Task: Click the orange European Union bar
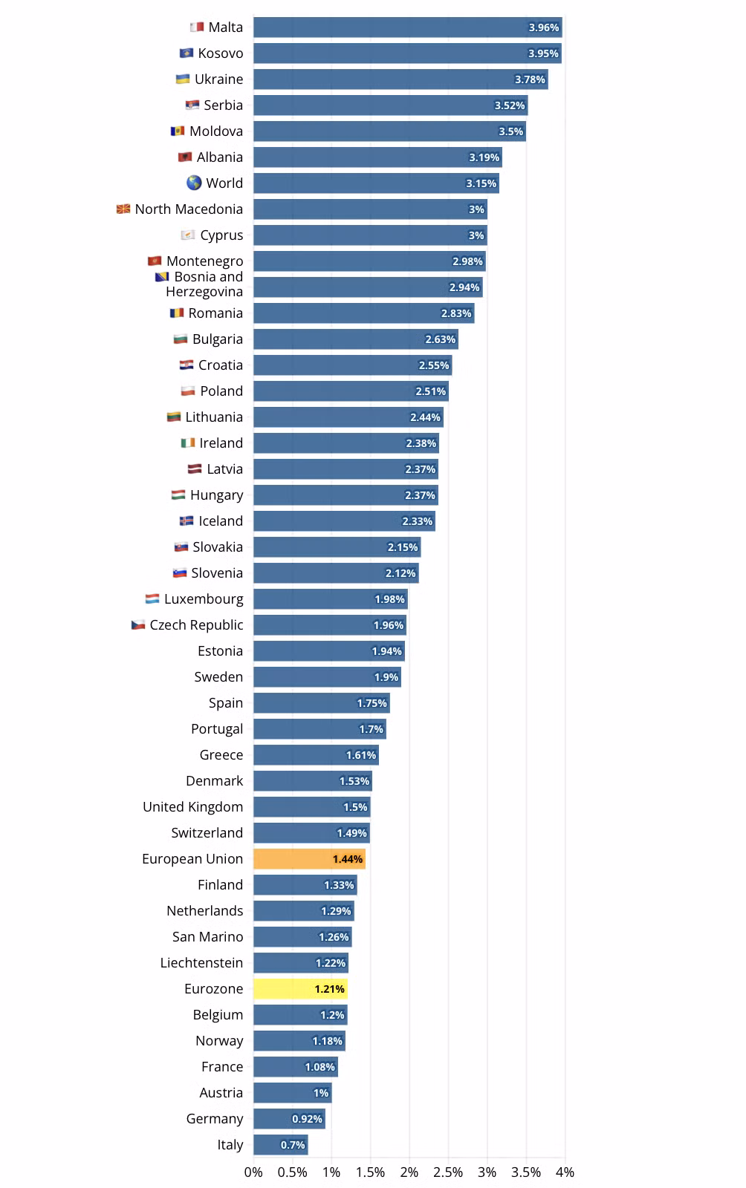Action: tap(309, 858)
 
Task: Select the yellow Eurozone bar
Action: tap(300, 988)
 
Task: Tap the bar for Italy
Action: tap(281, 1144)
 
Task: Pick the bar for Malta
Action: tap(407, 27)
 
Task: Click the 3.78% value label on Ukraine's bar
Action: tap(530, 79)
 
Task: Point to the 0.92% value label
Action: tap(307, 1119)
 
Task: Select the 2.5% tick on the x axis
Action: tap(448, 1172)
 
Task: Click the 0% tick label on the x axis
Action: tap(253, 1172)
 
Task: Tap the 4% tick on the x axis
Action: tap(565, 1172)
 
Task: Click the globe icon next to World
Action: tap(194, 183)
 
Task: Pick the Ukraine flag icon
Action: tap(183, 79)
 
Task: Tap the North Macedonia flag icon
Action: tap(123, 209)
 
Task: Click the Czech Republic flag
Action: tap(138, 624)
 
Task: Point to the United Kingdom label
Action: tap(193, 806)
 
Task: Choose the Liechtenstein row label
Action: tap(201, 962)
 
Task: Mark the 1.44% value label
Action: tap(348, 859)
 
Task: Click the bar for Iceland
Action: tap(344, 520)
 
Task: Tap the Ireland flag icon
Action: tap(188, 443)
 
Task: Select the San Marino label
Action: tap(207, 936)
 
